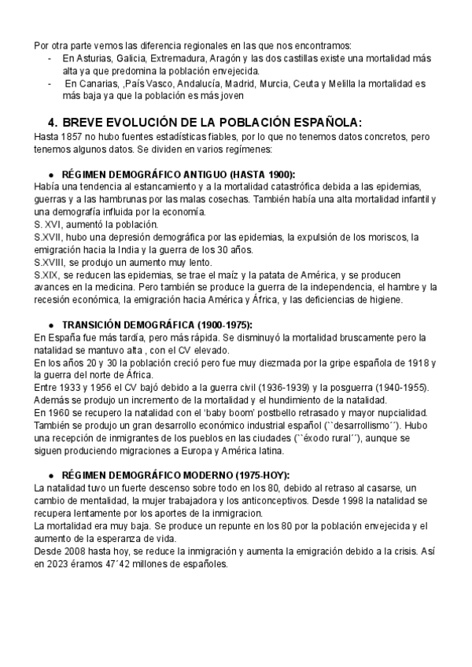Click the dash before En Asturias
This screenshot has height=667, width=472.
pyautogui.click(x=50, y=59)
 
